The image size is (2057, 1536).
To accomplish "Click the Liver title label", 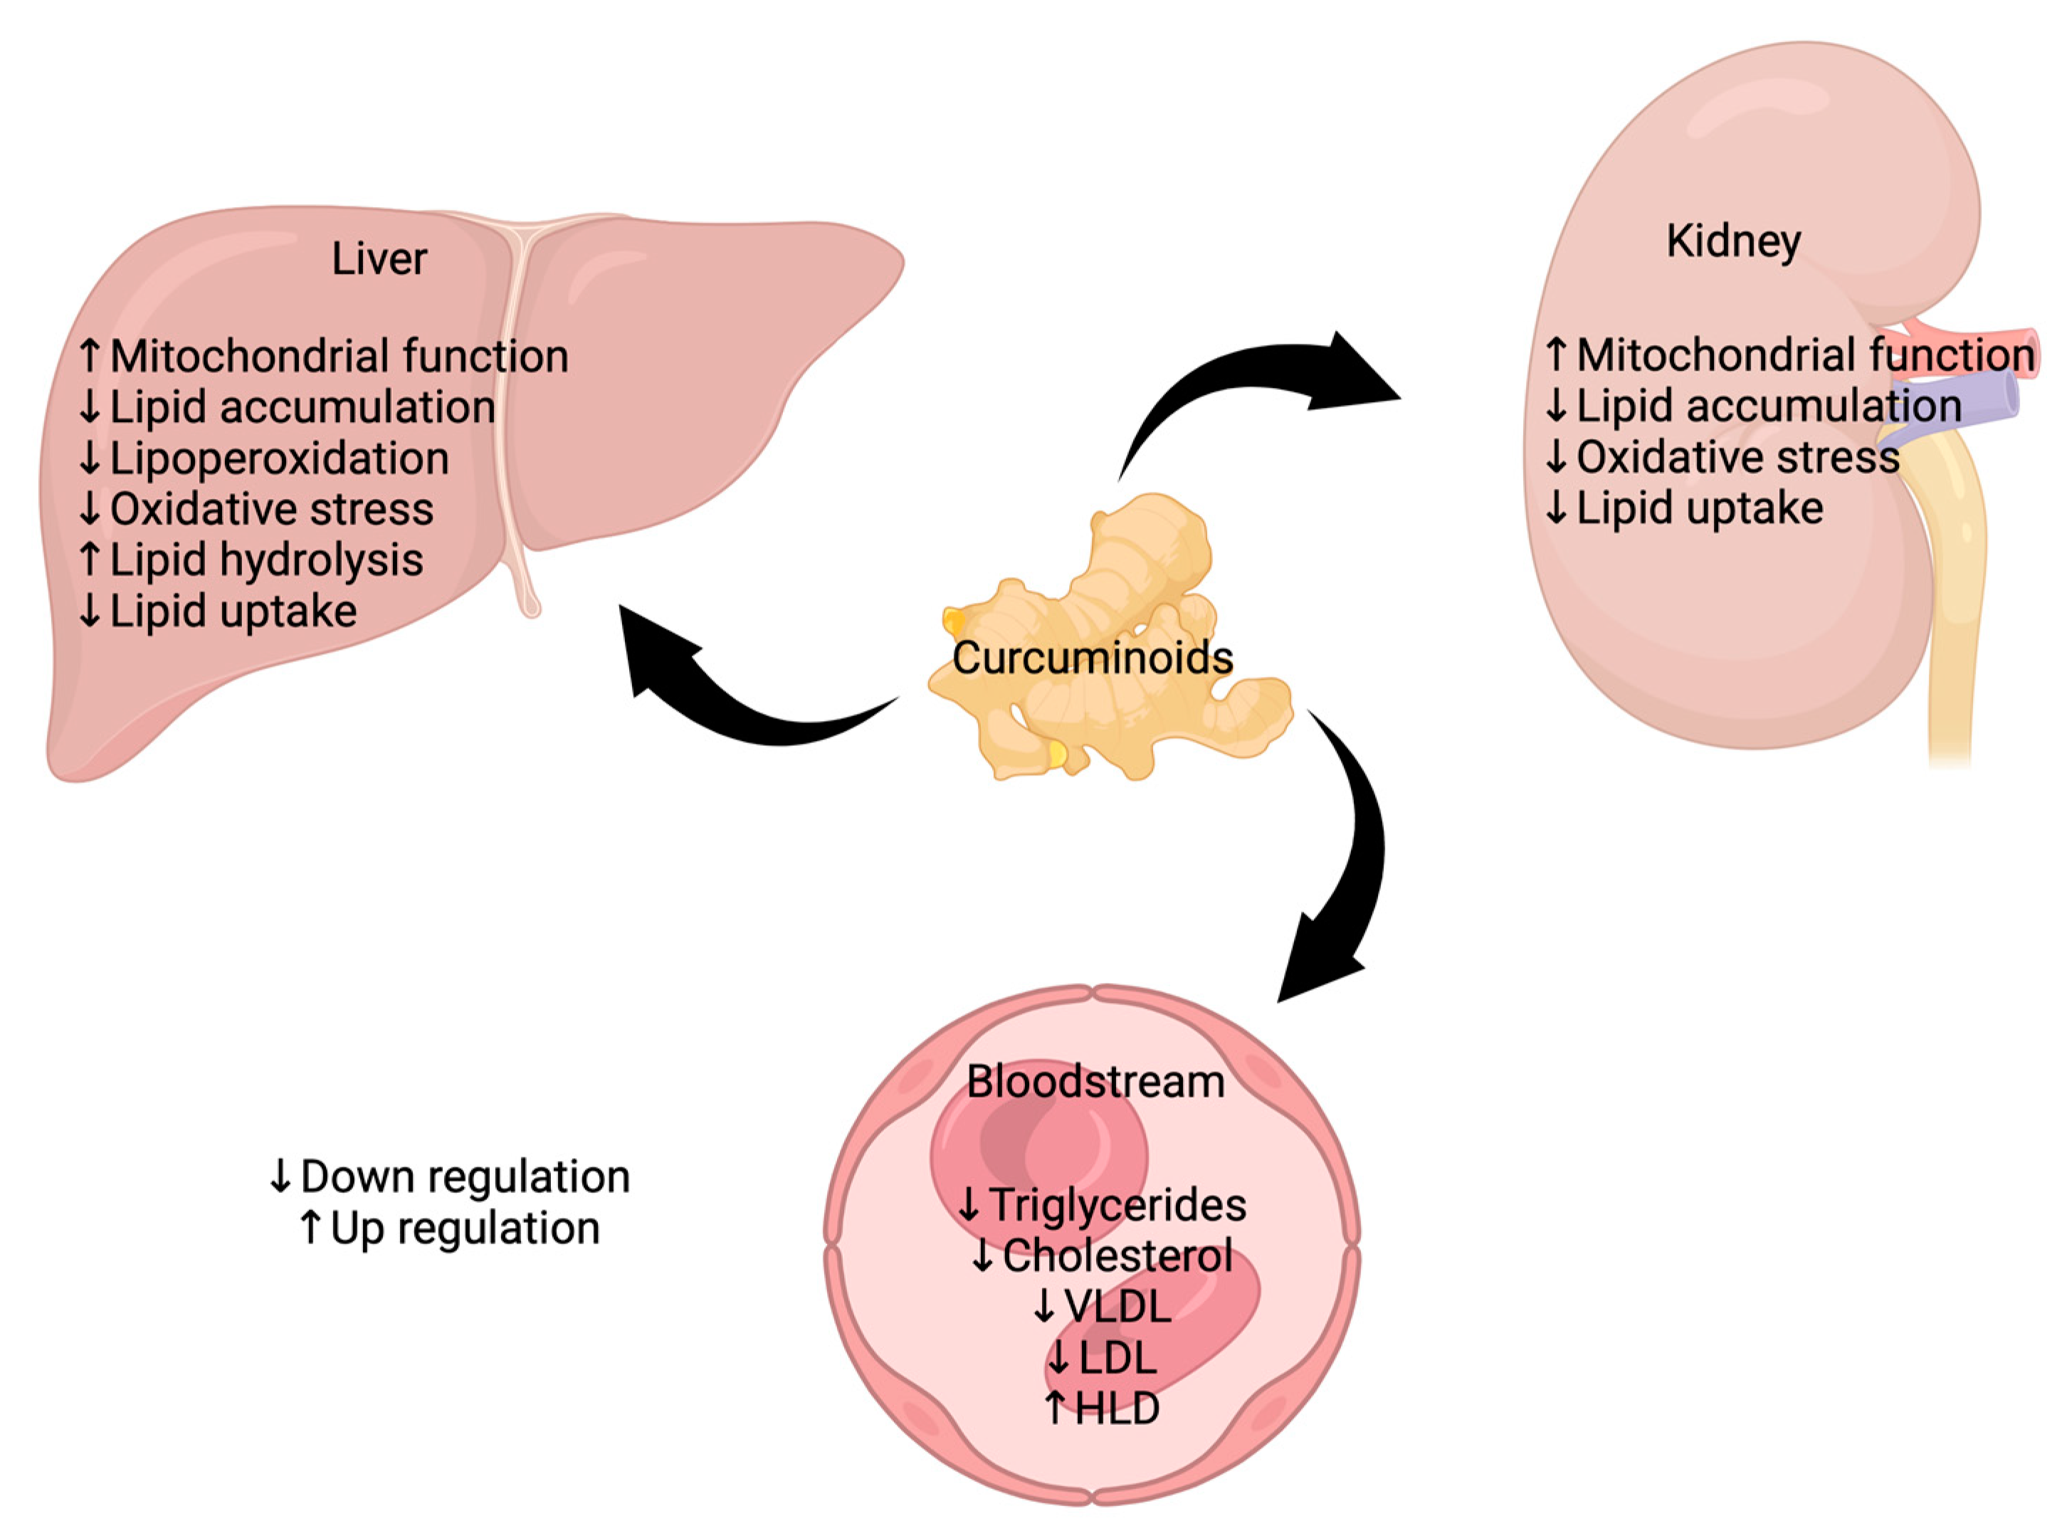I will (x=379, y=258).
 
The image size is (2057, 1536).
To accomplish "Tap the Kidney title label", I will (x=1732, y=241).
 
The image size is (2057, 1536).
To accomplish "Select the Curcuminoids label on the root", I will (x=1092, y=658).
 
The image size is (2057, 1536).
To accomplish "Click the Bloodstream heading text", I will (x=1095, y=1081).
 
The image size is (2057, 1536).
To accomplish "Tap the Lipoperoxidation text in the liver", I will (x=279, y=458).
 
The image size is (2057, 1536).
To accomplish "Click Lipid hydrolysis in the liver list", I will (x=265, y=559).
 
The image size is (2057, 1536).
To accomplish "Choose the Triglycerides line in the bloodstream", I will (x=1115, y=1205).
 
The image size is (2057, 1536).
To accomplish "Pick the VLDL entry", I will (x=1115, y=1306).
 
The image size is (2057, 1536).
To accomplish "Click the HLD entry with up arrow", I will (x=1115, y=1408).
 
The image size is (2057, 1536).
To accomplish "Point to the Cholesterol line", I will (x=1115, y=1256).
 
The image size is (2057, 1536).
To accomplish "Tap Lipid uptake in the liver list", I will (x=232, y=611).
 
